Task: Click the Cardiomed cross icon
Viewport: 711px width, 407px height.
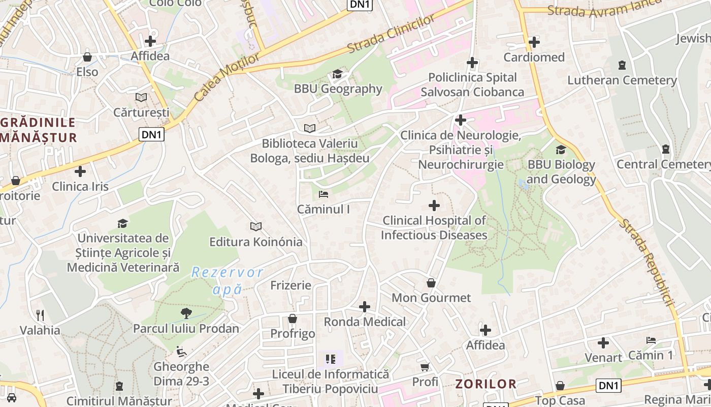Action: coord(534,42)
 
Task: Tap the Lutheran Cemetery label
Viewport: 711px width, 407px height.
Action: coord(622,80)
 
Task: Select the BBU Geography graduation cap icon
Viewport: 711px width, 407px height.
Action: coord(337,74)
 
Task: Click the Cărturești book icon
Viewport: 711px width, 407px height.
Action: coord(141,97)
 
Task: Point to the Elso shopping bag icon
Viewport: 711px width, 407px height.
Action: coord(87,57)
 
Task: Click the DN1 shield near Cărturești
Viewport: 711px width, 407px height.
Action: coord(152,134)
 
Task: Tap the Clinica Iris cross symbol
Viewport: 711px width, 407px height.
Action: coord(80,171)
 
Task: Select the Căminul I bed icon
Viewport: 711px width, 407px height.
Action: coord(324,194)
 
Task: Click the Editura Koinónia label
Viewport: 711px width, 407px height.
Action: coord(256,242)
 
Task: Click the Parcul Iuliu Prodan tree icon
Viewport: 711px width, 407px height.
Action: coord(186,313)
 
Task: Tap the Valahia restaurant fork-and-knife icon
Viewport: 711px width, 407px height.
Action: coord(40,315)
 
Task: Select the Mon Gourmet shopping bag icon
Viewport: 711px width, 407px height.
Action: coord(431,283)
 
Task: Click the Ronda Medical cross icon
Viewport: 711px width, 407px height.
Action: coord(365,307)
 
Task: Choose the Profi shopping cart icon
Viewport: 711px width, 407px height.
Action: coord(425,367)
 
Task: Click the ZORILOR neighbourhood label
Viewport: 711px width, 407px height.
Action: coord(486,384)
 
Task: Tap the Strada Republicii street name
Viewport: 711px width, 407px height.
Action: coord(647,262)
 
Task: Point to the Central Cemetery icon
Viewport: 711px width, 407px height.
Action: coord(665,149)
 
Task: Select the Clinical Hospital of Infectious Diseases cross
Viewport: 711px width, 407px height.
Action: coord(434,206)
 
